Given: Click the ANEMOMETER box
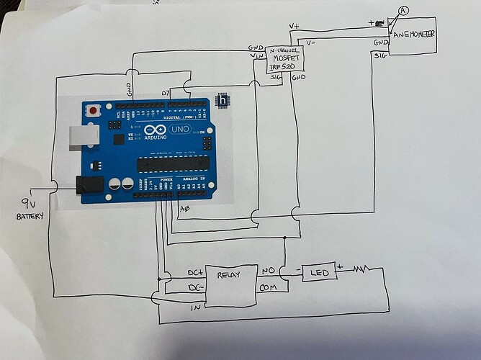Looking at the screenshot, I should (x=415, y=35).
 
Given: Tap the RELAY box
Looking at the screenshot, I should (x=232, y=277).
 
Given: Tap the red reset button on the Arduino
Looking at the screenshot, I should (x=94, y=112).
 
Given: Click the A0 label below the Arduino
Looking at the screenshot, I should (x=185, y=210).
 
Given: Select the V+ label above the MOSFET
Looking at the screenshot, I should (x=293, y=27).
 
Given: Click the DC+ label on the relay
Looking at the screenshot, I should (x=194, y=272).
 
